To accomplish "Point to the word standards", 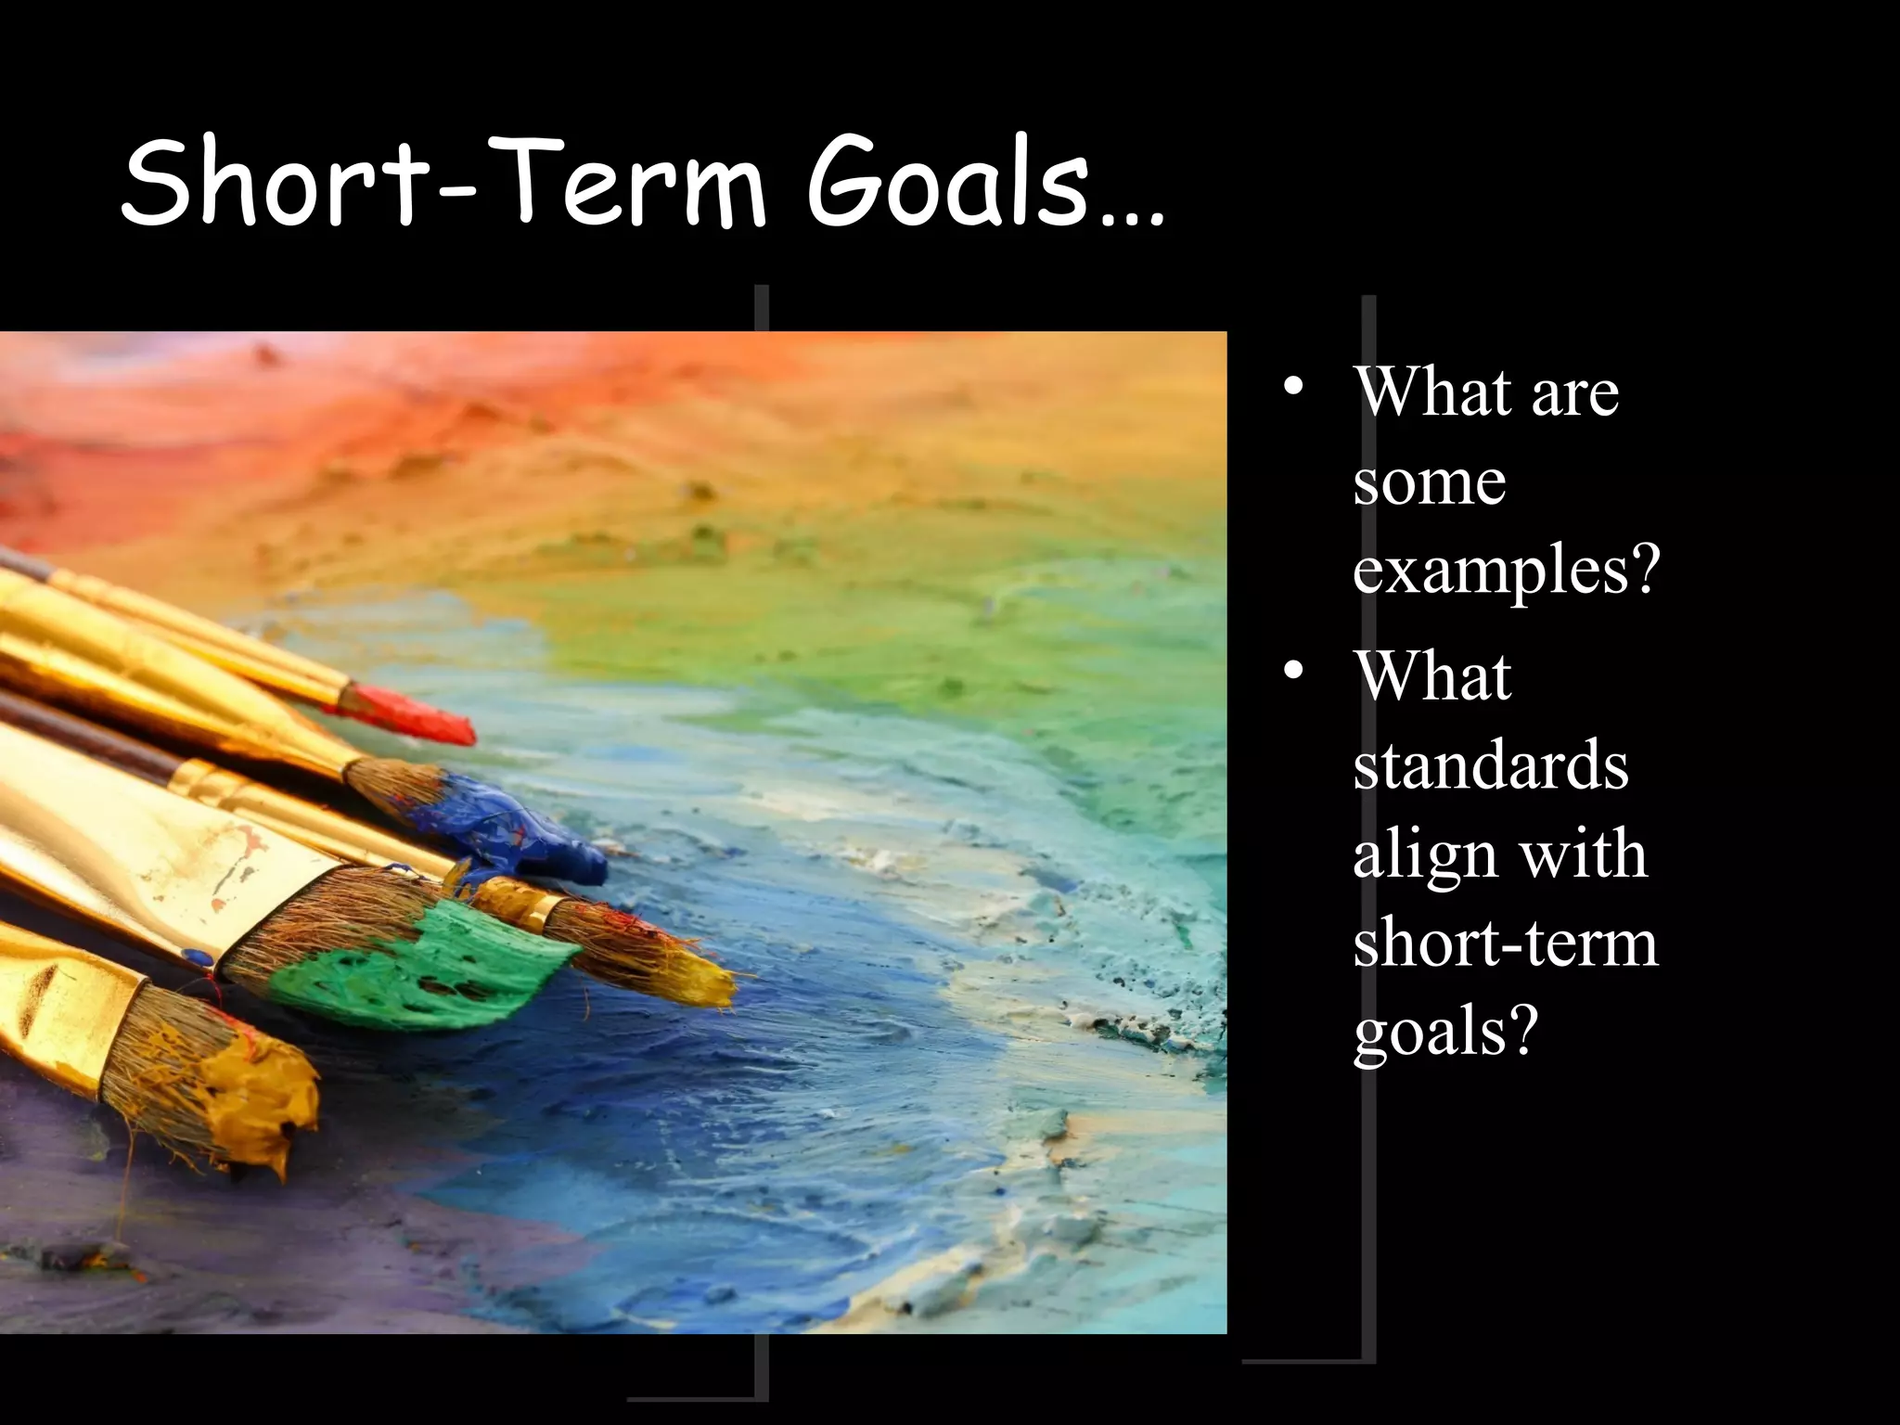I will coord(1490,765).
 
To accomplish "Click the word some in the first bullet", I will coord(1429,481).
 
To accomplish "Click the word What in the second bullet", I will coord(1433,676).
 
